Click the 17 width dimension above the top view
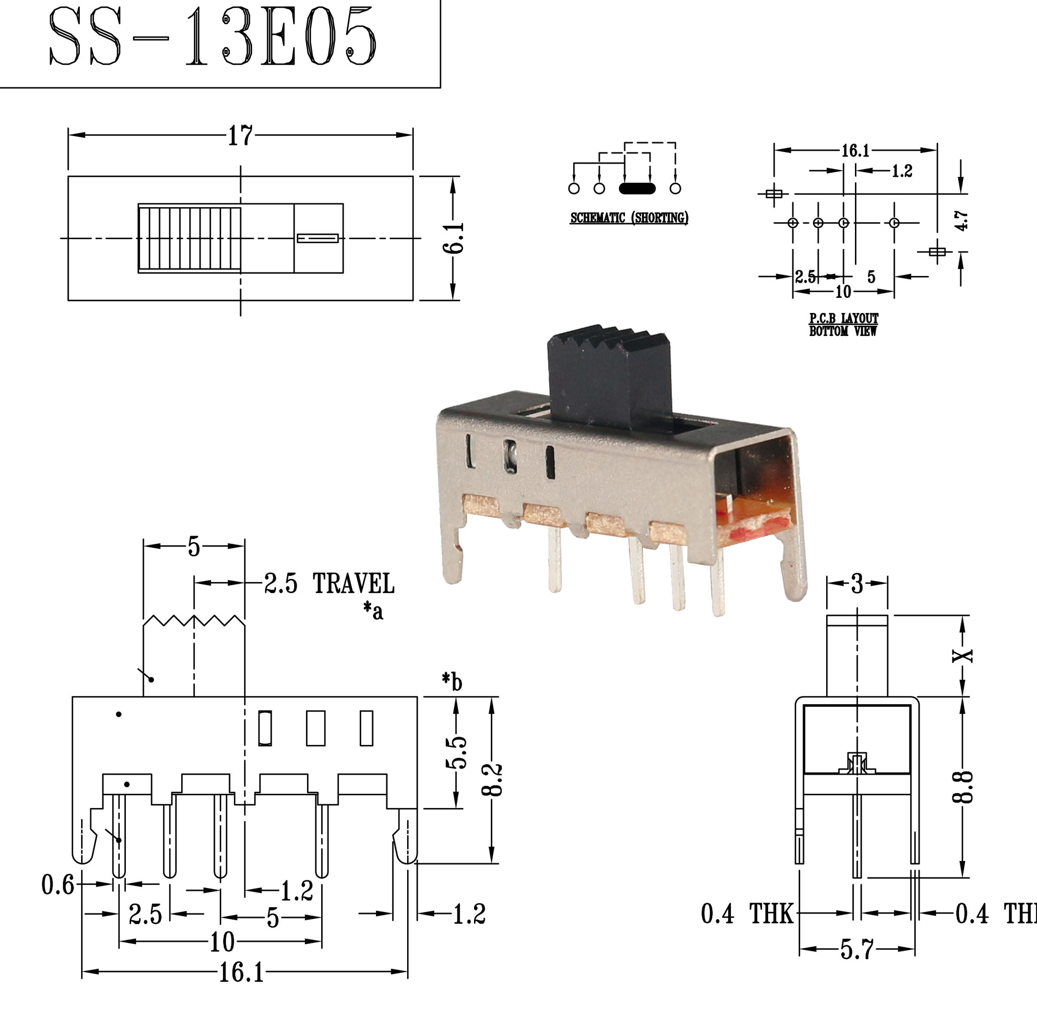coord(240,136)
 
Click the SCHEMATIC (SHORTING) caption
coord(629,218)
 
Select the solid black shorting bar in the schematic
coord(637,188)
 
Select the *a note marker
coord(374,610)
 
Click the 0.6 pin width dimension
coord(58,885)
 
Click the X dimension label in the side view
coord(963,655)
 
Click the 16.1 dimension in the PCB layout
coord(855,151)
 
